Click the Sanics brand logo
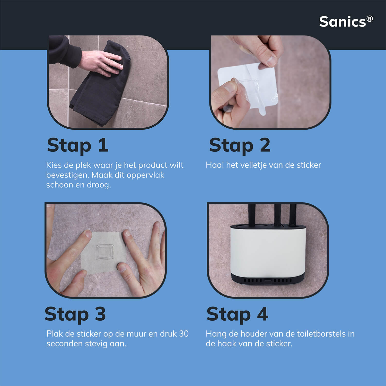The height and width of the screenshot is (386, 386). [346, 22]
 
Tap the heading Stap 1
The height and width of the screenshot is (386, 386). [77, 145]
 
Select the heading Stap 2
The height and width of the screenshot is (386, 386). [240, 145]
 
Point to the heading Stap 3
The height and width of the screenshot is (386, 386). [75, 314]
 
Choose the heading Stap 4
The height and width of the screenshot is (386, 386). [237, 314]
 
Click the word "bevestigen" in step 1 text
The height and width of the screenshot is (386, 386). [67, 175]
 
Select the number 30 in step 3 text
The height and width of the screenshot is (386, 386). [184, 334]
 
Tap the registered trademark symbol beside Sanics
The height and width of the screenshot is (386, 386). [370, 19]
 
